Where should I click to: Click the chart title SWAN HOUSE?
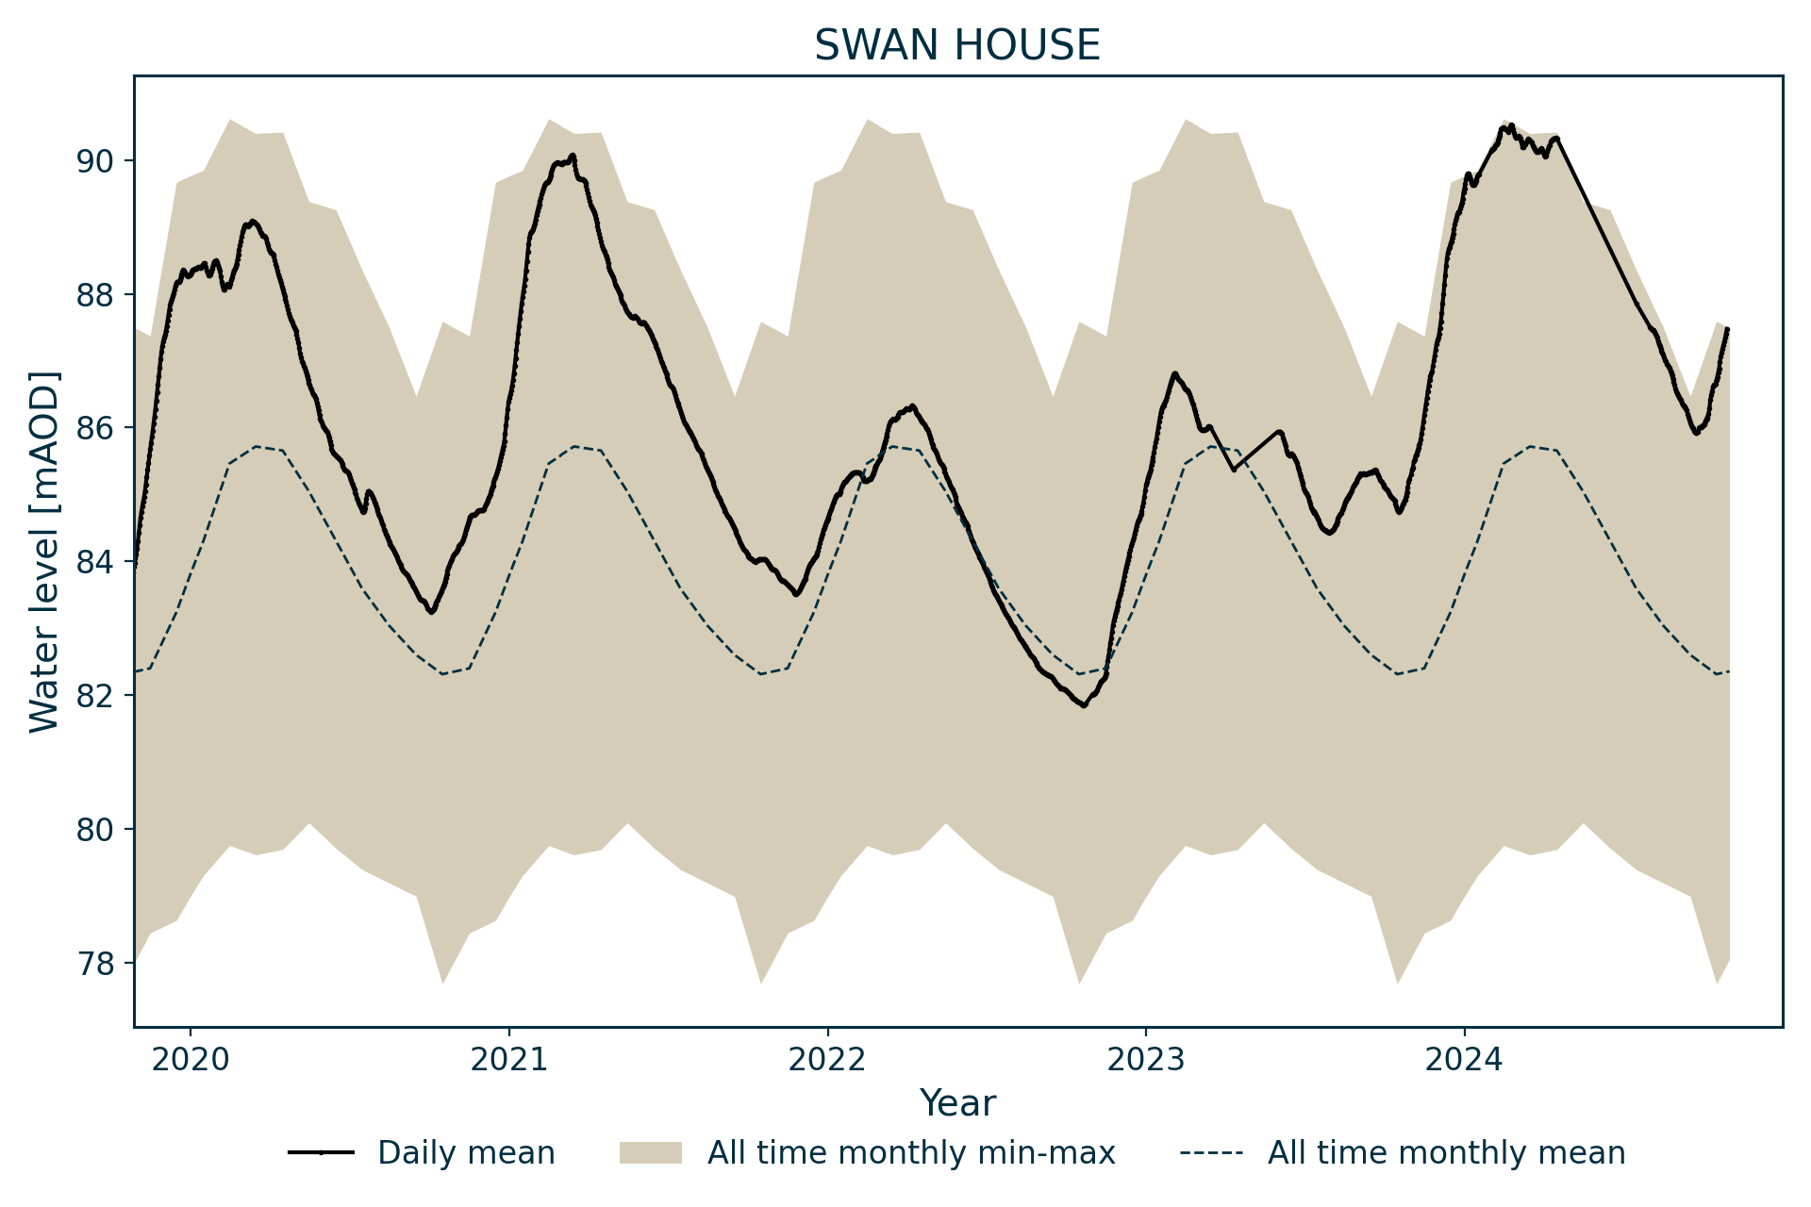point(957,45)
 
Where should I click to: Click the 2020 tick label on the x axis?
point(191,1060)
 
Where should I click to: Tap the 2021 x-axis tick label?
point(509,1060)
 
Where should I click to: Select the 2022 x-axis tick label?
point(827,1060)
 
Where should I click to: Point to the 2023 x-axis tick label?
point(1146,1060)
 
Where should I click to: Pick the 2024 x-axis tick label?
point(1464,1060)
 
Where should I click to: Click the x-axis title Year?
point(957,1103)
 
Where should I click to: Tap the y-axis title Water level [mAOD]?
point(44,552)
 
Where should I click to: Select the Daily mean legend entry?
point(466,1153)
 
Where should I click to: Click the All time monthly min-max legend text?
point(911,1153)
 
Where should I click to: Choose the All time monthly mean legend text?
point(1446,1153)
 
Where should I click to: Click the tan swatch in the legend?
point(650,1153)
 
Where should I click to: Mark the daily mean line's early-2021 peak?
point(572,157)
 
